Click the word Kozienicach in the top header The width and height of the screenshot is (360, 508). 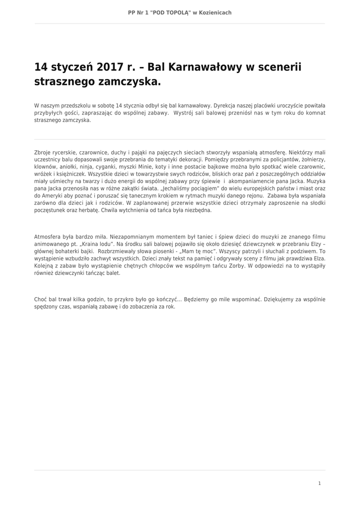(215, 12)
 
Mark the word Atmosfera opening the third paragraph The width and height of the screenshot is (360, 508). (49, 237)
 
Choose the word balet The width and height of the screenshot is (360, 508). (113, 273)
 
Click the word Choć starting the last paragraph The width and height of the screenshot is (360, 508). (40, 300)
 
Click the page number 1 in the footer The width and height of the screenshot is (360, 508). (319, 483)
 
